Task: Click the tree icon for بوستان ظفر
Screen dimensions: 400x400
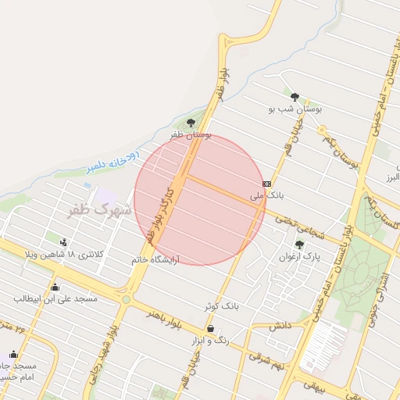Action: click(x=191, y=122)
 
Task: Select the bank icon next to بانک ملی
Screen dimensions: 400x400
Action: click(x=267, y=183)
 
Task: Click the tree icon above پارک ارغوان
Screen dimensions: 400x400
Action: click(x=299, y=245)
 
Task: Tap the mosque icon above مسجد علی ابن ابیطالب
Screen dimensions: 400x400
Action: click(x=54, y=287)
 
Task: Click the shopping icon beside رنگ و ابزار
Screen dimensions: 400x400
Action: click(x=210, y=329)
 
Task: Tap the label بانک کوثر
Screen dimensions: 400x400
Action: click(x=220, y=306)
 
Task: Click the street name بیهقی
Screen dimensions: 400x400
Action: click(x=320, y=385)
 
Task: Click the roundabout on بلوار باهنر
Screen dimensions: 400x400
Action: click(x=125, y=298)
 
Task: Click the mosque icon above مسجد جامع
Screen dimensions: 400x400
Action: click(x=12, y=354)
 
